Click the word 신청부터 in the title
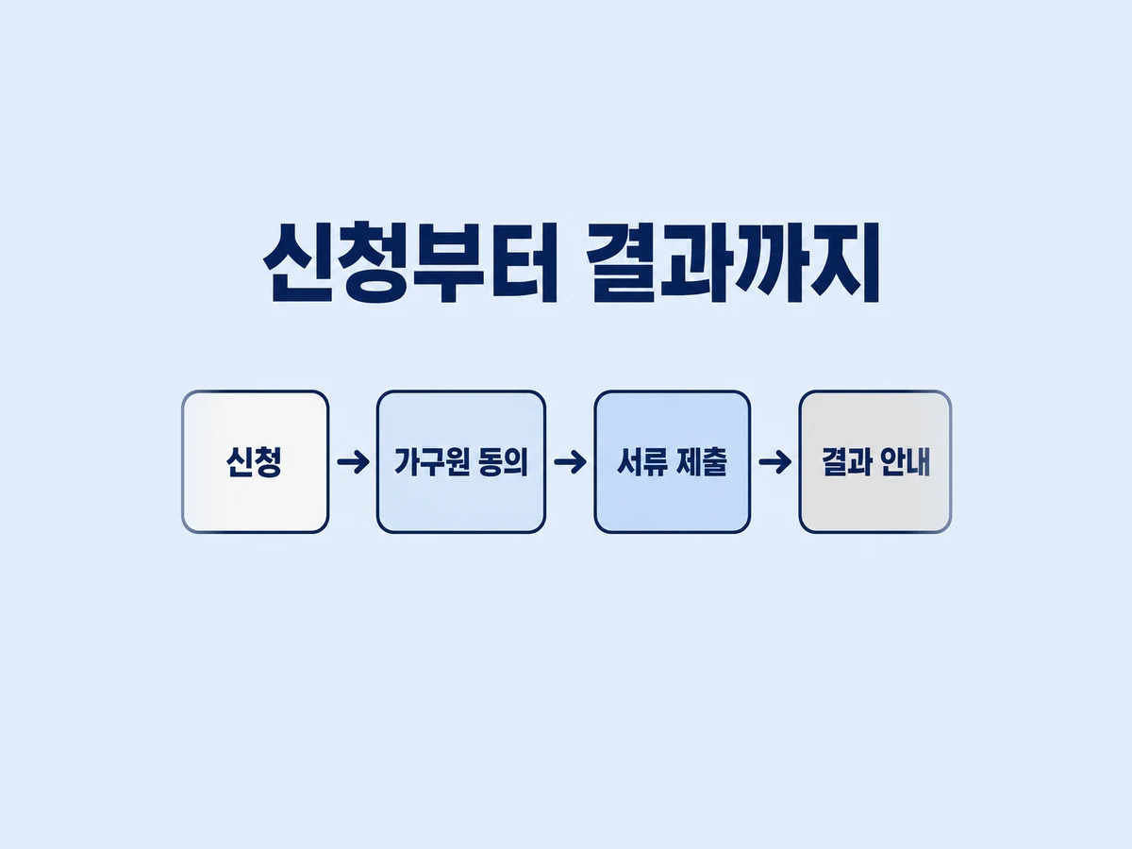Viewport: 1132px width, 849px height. (x=410, y=262)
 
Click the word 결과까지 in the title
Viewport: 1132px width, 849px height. (x=733, y=262)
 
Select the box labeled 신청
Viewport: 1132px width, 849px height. (x=256, y=462)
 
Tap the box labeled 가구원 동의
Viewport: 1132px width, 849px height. (x=461, y=462)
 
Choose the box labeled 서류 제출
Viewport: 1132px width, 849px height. (x=672, y=462)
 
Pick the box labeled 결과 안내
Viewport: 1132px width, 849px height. (x=875, y=462)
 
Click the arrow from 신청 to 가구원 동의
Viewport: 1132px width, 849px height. (x=353, y=461)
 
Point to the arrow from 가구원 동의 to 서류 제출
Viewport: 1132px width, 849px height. (x=570, y=461)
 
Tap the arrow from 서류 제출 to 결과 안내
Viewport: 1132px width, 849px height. (x=774, y=461)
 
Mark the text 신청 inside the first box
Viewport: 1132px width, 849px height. (x=255, y=461)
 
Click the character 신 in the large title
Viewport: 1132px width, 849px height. (x=297, y=262)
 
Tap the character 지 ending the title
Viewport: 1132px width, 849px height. (x=844, y=262)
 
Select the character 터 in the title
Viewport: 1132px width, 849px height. (x=524, y=262)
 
